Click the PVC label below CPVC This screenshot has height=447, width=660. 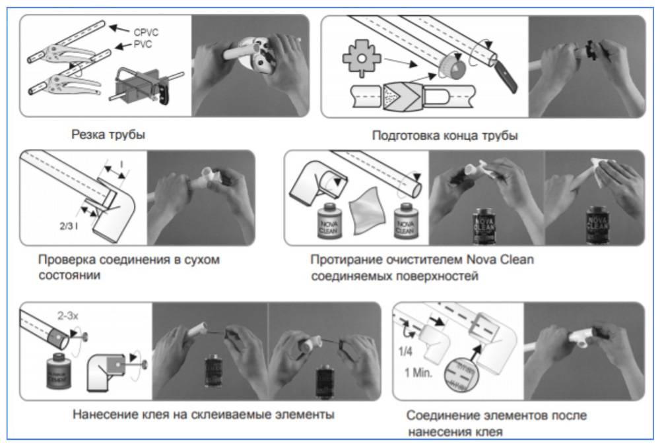pyautogui.click(x=135, y=45)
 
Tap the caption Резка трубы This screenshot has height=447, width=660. pyautogui.click(x=108, y=135)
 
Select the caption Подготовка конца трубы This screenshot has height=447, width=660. pyautogui.click(x=445, y=136)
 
